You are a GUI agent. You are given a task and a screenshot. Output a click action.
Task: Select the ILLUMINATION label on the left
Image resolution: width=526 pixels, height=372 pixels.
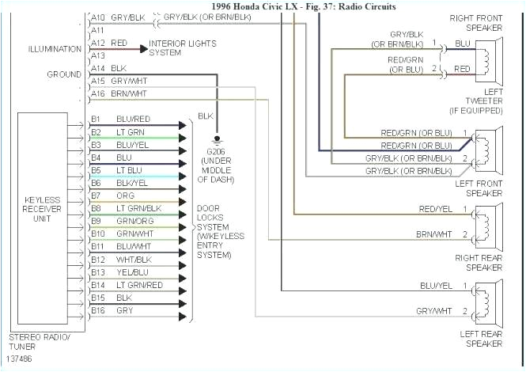[55, 49]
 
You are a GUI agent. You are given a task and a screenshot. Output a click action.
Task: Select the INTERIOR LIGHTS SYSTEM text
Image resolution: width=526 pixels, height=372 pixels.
[183, 48]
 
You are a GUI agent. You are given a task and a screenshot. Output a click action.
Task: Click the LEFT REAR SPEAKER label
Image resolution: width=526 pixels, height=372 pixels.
[481, 337]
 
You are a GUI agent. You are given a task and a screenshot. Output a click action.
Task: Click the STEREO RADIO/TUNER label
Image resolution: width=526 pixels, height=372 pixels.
[38, 341]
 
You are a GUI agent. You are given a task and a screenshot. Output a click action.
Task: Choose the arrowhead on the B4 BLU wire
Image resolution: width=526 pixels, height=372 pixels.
[184, 158]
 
